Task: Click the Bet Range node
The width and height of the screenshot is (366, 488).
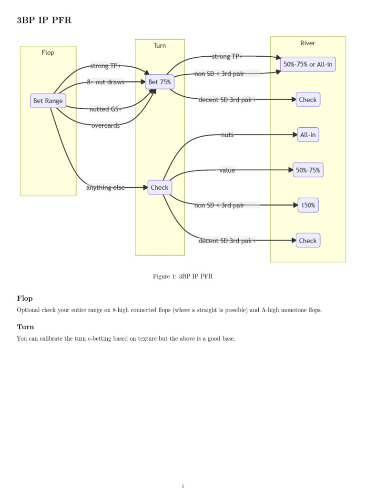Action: coord(48,101)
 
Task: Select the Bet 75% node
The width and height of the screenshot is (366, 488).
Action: coord(160,82)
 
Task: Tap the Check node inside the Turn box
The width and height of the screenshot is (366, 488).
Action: coord(160,187)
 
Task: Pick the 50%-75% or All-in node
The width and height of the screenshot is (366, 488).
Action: coord(308,64)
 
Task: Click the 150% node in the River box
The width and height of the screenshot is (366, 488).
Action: coord(308,205)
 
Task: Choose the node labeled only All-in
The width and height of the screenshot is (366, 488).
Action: coord(308,135)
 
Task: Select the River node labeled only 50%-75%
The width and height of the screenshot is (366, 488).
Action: coord(308,170)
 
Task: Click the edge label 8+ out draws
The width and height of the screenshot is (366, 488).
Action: coord(105,82)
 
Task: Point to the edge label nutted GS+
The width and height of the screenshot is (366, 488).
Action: coord(105,109)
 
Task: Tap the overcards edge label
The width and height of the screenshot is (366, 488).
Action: coord(105,125)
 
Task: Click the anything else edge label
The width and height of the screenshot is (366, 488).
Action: coord(105,187)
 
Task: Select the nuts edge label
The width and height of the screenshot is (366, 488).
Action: coord(227,135)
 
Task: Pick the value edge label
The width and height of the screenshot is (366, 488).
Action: coord(227,170)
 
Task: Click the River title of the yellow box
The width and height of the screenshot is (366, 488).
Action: coord(308,43)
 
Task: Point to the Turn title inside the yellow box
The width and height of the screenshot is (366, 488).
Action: coord(160,45)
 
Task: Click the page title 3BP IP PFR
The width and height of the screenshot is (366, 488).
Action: coord(44,20)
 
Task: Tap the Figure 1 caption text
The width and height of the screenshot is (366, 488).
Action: coord(183,276)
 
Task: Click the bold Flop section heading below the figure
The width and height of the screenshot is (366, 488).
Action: coord(25,298)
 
